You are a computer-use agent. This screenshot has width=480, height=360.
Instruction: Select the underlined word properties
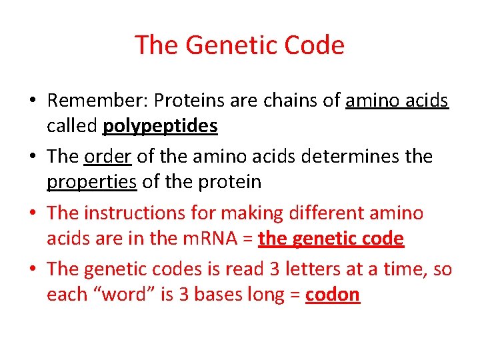tap(91, 182)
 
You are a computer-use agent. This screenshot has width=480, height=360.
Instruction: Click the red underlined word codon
tap(333, 295)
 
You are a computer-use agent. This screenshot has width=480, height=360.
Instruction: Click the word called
tap(72, 127)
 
